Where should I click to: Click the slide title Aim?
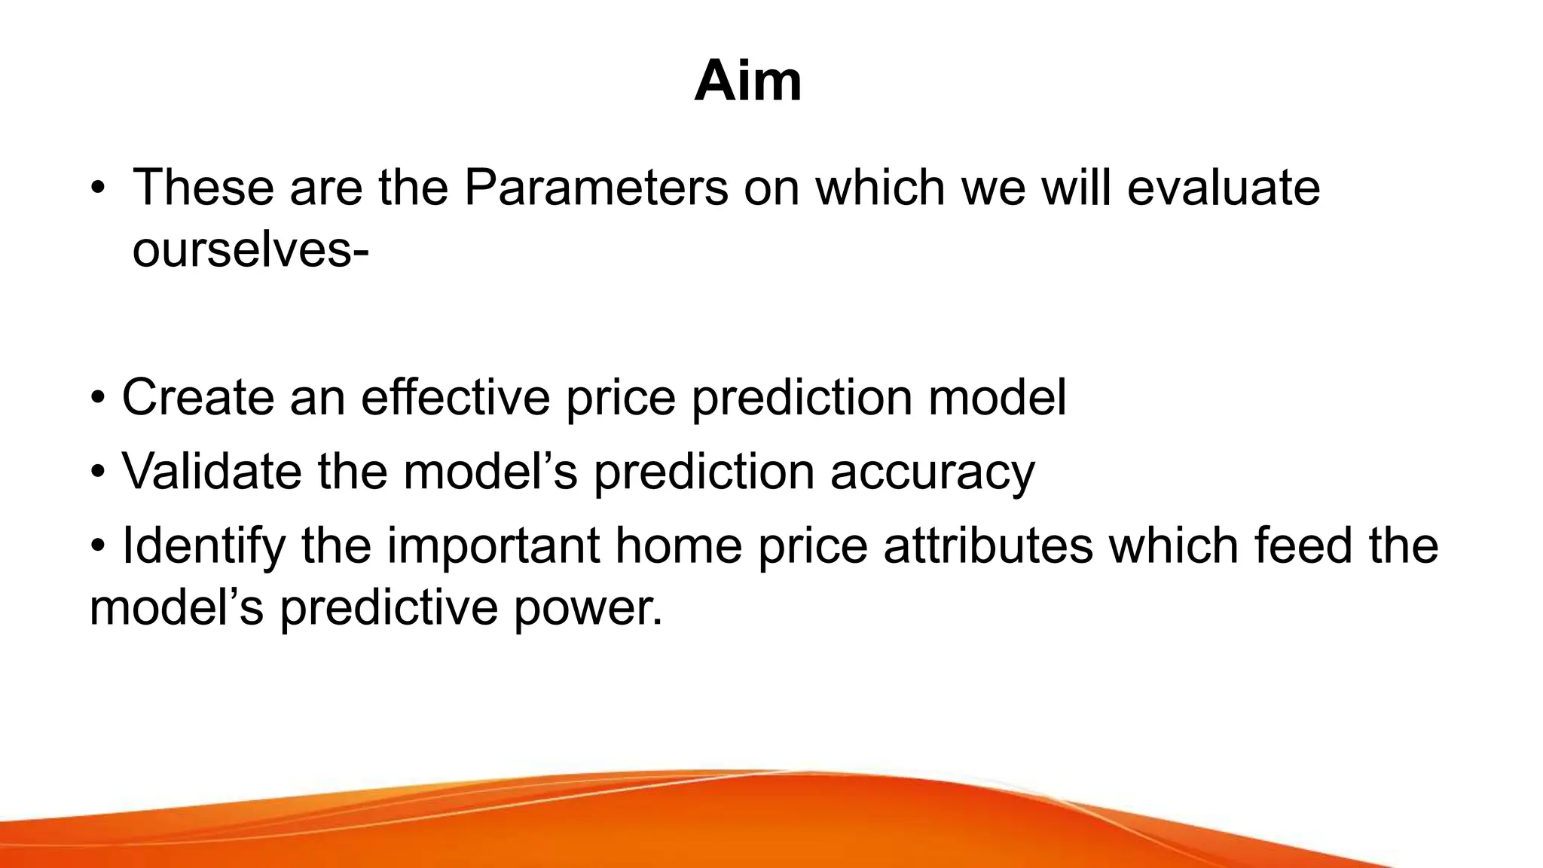(x=747, y=81)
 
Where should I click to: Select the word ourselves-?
(x=250, y=249)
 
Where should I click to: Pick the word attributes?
(x=988, y=546)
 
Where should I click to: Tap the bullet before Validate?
(x=99, y=472)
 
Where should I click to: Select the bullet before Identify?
(x=99, y=546)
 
